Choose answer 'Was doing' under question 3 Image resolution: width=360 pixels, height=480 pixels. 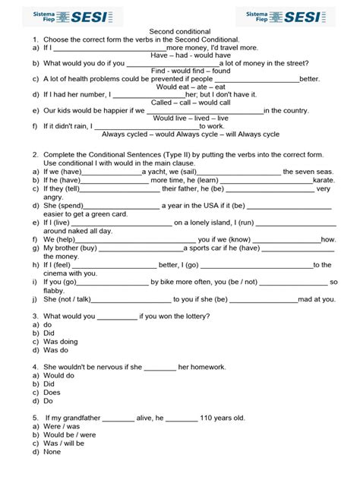[61, 342]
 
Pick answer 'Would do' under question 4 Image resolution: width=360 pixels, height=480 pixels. [59, 375]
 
